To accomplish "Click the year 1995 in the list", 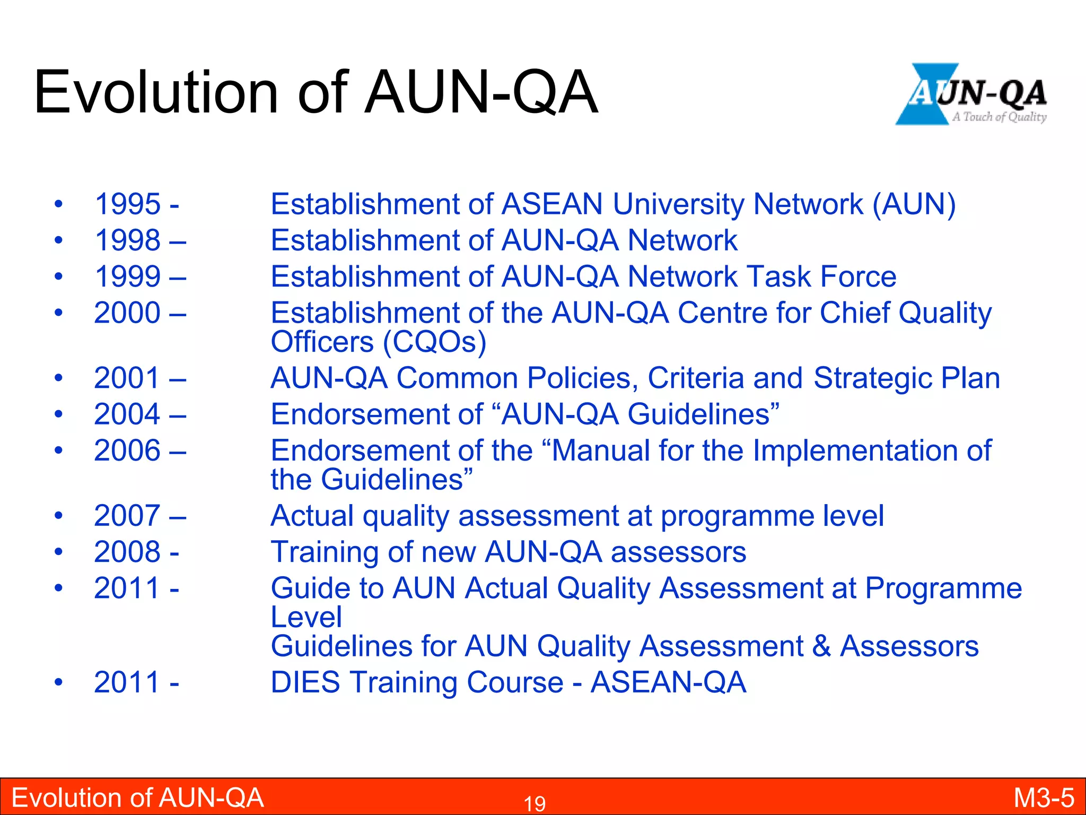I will click(x=127, y=204).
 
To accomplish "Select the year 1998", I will click(x=127, y=240).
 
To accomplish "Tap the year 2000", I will click(x=127, y=313).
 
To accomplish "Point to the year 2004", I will click(x=127, y=414).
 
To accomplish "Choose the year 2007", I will click(x=127, y=516).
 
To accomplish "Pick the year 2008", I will click(x=127, y=552).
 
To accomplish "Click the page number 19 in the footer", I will click(x=535, y=804).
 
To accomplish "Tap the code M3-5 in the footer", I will click(x=1044, y=798).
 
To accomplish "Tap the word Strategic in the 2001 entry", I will click(x=872, y=379).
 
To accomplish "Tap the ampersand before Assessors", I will click(x=821, y=647).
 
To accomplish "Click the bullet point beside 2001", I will click(x=59, y=379).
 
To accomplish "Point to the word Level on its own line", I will click(x=306, y=618).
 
